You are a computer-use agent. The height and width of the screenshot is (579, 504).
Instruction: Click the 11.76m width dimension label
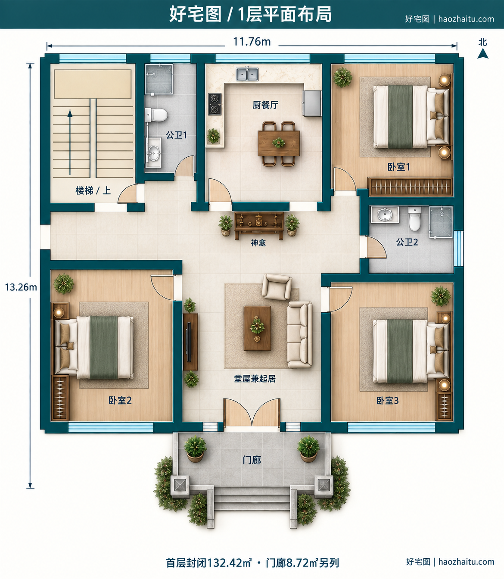point(252,42)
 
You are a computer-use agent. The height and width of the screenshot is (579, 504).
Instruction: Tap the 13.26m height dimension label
point(21,287)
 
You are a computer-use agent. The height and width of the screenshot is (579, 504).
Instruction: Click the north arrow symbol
point(483,53)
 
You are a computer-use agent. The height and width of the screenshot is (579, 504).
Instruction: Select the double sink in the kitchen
point(247,74)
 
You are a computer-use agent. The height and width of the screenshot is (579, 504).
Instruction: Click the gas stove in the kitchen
point(215,104)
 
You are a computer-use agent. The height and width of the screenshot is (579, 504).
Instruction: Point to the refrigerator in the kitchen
point(311,103)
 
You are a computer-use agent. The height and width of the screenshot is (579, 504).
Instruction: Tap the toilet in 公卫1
point(156,115)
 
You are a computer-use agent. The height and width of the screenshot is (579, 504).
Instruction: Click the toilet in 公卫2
point(415,218)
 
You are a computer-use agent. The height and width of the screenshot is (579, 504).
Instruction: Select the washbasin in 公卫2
point(385,215)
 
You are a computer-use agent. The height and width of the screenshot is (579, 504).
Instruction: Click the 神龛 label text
point(258,243)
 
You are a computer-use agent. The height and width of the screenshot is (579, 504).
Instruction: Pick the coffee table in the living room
point(257,328)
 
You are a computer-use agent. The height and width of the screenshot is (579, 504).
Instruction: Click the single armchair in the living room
point(277,286)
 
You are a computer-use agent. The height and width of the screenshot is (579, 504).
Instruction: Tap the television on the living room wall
point(189,342)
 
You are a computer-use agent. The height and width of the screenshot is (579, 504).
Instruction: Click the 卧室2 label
point(120,400)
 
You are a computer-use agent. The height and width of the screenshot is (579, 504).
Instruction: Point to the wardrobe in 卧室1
point(410,187)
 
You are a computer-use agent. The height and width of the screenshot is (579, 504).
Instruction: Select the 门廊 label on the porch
point(252,460)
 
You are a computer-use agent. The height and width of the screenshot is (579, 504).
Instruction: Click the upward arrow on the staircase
point(70,142)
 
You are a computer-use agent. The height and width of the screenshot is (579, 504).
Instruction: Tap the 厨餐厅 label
point(265,105)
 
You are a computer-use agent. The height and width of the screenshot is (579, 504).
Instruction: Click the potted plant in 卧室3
point(441,296)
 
